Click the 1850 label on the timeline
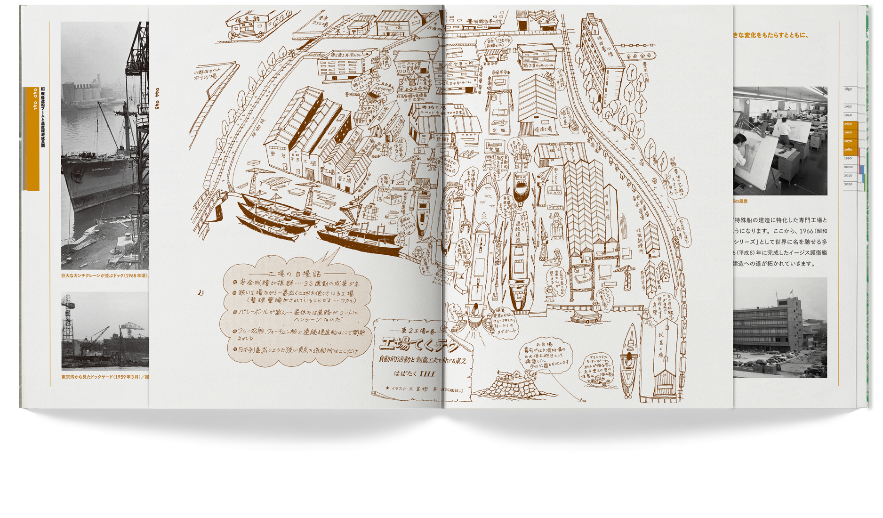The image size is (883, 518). tap(848, 89)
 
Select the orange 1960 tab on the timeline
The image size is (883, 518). tap(848, 132)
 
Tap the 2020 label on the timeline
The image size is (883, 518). tap(848, 184)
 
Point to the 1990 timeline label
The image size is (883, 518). tap(848, 158)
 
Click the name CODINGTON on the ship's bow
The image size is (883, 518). tap(101, 168)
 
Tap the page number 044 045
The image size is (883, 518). tap(157, 99)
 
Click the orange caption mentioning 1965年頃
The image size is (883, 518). tap(104, 275)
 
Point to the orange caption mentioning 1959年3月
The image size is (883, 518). tap(104, 377)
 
